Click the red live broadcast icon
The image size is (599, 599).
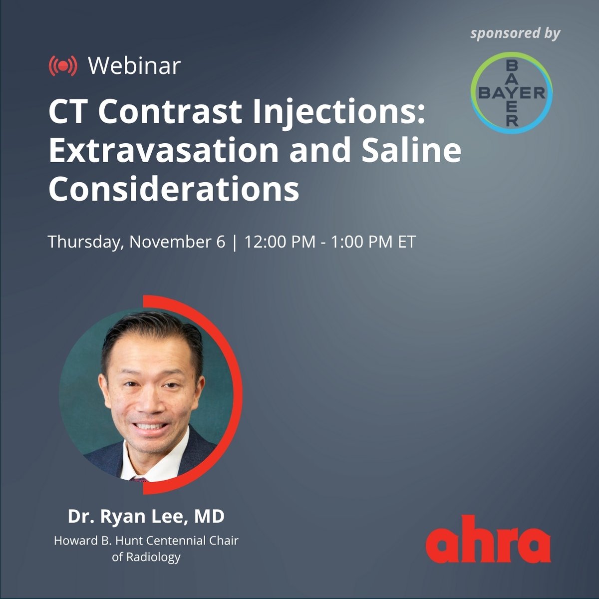[63, 66]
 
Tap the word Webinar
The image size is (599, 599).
[134, 66]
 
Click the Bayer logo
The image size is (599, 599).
[512, 93]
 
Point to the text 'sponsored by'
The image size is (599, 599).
[515, 33]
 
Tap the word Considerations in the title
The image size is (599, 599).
[174, 189]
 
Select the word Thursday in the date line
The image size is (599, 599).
[85, 242]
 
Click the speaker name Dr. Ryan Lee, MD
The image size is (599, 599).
[146, 517]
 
